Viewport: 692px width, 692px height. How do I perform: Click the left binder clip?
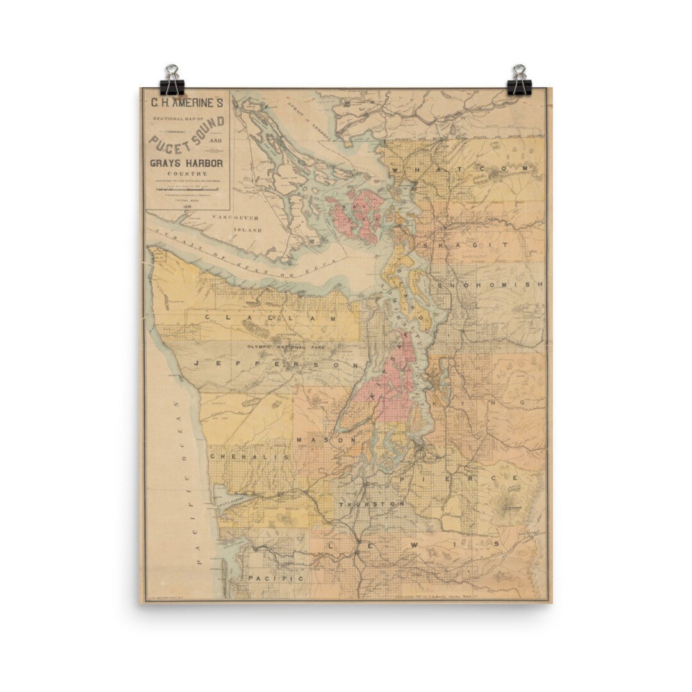[x=172, y=81]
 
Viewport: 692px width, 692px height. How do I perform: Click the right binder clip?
[x=519, y=81]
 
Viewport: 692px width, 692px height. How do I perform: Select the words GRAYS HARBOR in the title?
[x=186, y=163]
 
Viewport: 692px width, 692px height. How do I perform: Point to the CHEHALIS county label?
[x=249, y=456]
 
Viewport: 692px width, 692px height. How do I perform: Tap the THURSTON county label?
[x=372, y=504]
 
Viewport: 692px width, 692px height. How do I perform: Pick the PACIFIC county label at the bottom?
[x=275, y=577]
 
